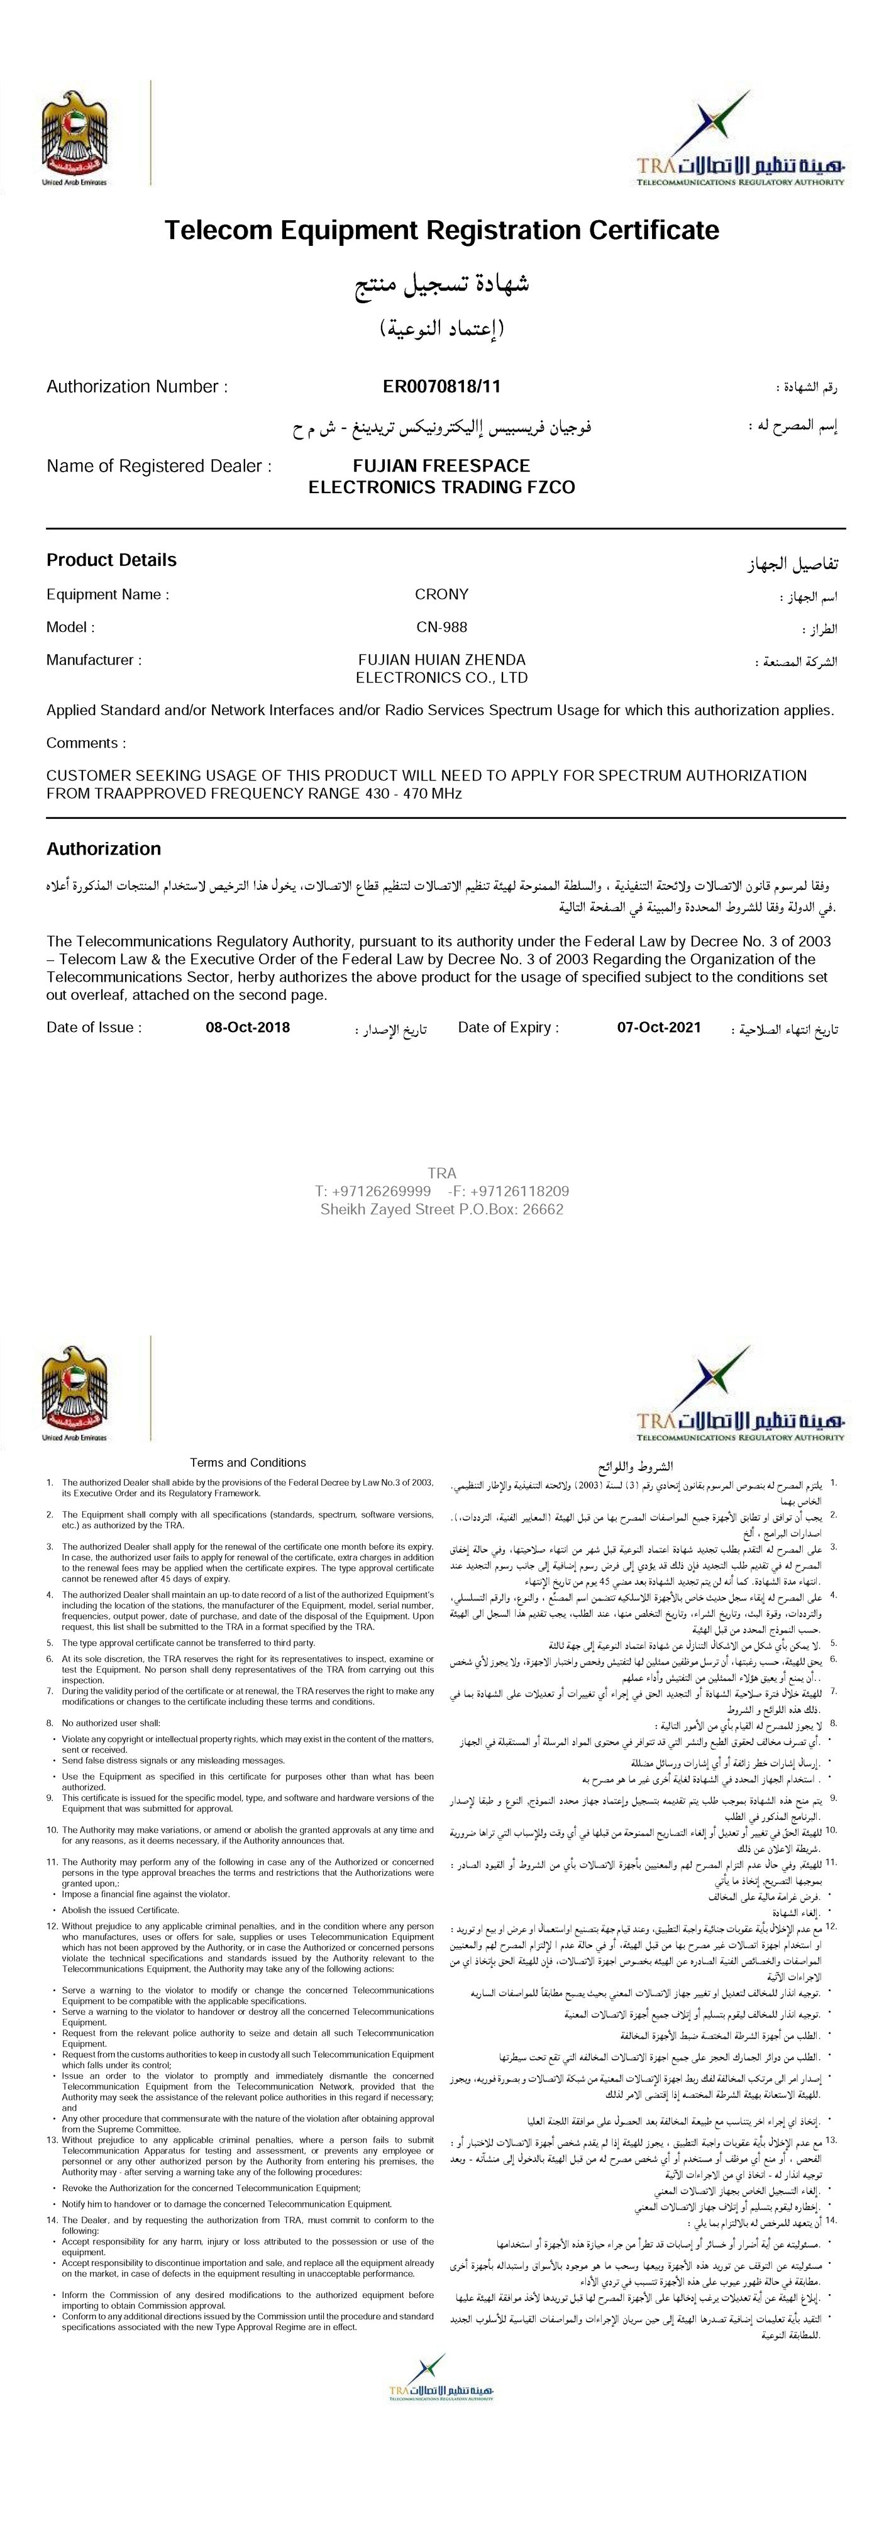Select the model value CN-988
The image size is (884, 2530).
(442, 626)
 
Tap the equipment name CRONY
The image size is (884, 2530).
(442, 594)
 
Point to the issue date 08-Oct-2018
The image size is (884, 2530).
(248, 1028)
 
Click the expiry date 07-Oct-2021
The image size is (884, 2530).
(659, 1028)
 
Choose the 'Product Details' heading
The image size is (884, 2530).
(111, 560)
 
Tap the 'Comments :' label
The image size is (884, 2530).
(86, 743)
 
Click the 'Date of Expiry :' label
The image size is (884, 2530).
(508, 1028)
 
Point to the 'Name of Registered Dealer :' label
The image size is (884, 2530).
(159, 465)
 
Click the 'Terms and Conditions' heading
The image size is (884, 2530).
(248, 1462)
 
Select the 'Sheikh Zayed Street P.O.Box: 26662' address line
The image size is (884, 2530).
(442, 1209)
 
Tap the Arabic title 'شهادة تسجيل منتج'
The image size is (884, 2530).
(442, 285)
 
